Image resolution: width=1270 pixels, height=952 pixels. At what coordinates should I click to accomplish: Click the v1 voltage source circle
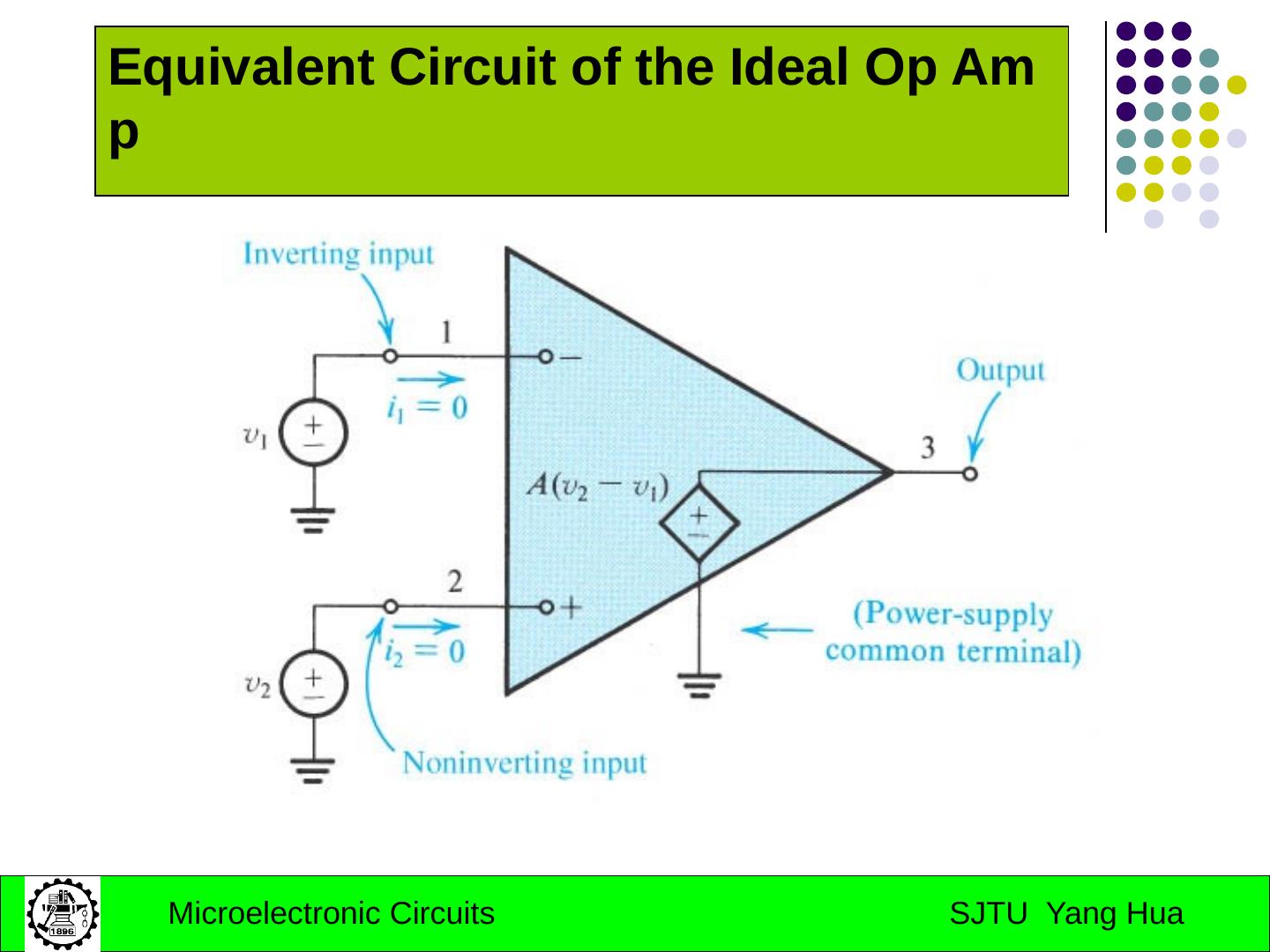pyautogui.click(x=314, y=434)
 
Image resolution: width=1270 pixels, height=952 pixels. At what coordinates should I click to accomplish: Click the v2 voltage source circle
pyautogui.click(x=314, y=684)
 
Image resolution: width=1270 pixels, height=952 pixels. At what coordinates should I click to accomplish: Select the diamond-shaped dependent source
pyautogui.click(x=698, y=523)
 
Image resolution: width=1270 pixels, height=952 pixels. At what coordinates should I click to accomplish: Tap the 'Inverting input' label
pyautogui.click(x=339, y=255)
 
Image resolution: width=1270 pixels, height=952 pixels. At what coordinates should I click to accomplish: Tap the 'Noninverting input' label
pyautogui.click(x=524, y=763)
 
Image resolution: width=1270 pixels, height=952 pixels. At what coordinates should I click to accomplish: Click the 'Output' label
pyautogui.click(x=1000, y=370)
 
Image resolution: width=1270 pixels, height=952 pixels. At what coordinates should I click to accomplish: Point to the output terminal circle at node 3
pyautogui.click(x=970, y=474)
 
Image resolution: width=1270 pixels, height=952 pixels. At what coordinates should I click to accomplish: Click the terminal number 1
pyautogui.click(x=446, y=332)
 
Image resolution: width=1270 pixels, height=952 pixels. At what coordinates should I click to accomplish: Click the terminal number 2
pyautogui.click(x=454, y=582)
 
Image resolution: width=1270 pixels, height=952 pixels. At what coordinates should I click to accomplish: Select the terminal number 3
pyautogui.click(x=928, y=448)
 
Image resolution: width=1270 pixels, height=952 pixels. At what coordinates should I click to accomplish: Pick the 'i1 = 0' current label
pyautogui.click(x=427, y=408)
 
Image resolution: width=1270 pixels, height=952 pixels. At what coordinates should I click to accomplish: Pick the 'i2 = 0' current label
pyautogui.click(x=424, y=652)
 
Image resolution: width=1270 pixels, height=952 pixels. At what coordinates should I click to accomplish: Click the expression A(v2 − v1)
pyautogui.click(x=598, y=487)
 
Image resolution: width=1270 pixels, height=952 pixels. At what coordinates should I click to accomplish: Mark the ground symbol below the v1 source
pyautogui.click(x=314, y=520)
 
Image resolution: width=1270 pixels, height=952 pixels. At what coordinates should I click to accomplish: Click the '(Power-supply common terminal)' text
pyautogui.click(x=953, y=633)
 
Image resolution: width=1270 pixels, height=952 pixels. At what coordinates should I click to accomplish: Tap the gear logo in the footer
pyautogui.click(x=62, y=913)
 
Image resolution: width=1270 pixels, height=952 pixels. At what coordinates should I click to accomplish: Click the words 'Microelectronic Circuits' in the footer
pyautogui.click(x=331, y=914)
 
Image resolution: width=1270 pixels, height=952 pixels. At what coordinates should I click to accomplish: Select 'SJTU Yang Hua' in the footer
pyautogui.click(x=1065, y=914)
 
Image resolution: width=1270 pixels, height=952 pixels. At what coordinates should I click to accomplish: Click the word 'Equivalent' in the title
pyautogui.click(x=241, y=68)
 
